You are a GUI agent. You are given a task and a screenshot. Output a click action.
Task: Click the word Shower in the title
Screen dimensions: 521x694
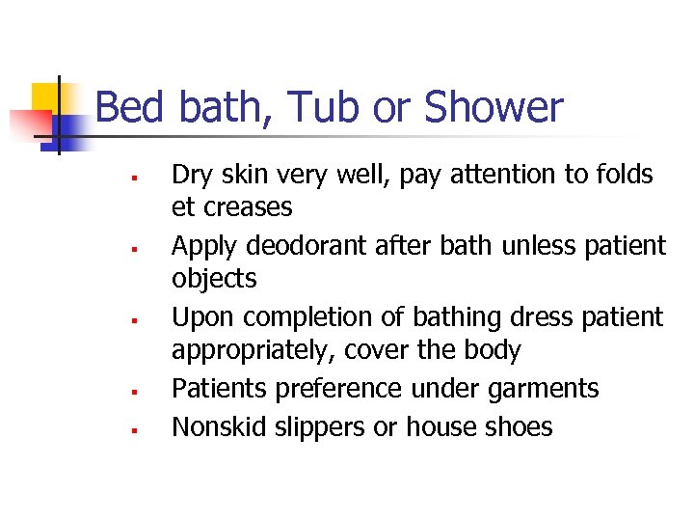[x=493, y=107]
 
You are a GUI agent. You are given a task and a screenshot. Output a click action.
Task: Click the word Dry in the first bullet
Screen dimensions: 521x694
[x=191, y=175]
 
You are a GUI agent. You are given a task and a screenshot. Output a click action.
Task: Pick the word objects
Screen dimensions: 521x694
[x=214, y=280]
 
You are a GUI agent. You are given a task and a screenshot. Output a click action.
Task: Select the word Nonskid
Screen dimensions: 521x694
[x=217, y=426]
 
